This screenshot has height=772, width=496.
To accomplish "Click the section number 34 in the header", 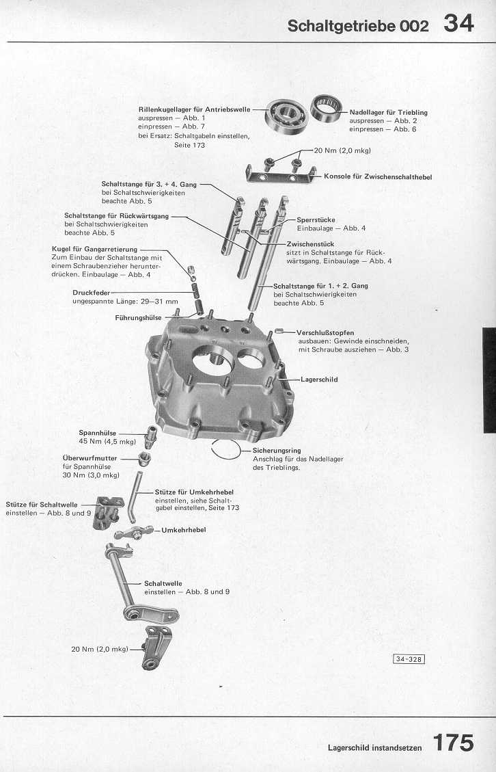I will coord(458,23).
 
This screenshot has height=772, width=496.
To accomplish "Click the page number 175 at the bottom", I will coord(452,743).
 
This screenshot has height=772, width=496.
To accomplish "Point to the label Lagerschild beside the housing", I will coord(319,379).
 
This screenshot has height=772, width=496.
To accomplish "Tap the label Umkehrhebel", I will coord(184,529).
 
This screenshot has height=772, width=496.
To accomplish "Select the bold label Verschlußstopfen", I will coord(325,332).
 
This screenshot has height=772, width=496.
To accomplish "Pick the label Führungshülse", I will coord(139,317).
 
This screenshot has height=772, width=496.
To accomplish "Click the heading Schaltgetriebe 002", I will coord(358,26).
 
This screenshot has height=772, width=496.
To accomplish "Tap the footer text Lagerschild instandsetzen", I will coord(374,747).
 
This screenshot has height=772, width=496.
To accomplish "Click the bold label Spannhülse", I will coord(98,432).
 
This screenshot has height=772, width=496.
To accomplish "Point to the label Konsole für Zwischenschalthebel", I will coord(378,176).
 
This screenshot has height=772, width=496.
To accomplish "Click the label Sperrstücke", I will coord(316,219).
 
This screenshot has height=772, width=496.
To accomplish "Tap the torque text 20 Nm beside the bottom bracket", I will coord(100,648).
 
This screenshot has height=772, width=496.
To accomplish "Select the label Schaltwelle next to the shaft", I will coord(163,583).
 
